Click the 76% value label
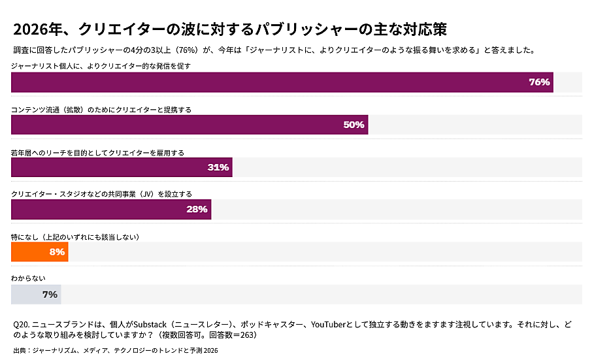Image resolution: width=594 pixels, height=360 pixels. click(539, 82)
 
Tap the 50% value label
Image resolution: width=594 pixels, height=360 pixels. click(354, 125)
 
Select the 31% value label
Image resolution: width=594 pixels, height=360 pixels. click(218, 167)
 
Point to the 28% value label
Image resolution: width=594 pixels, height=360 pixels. click(197, 209)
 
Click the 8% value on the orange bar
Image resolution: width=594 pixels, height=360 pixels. click(57, 252)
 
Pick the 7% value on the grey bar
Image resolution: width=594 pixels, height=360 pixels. click(50, 294)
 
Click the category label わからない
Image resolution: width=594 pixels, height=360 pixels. click(29, 278)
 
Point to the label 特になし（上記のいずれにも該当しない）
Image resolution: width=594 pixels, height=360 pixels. click(75, 237)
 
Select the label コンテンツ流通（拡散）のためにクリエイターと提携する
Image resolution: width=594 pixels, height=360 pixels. click(101, 110)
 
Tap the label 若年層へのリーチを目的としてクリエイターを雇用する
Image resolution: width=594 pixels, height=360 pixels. click(97, 152)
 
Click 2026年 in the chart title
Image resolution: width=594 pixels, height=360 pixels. click(35, 30)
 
